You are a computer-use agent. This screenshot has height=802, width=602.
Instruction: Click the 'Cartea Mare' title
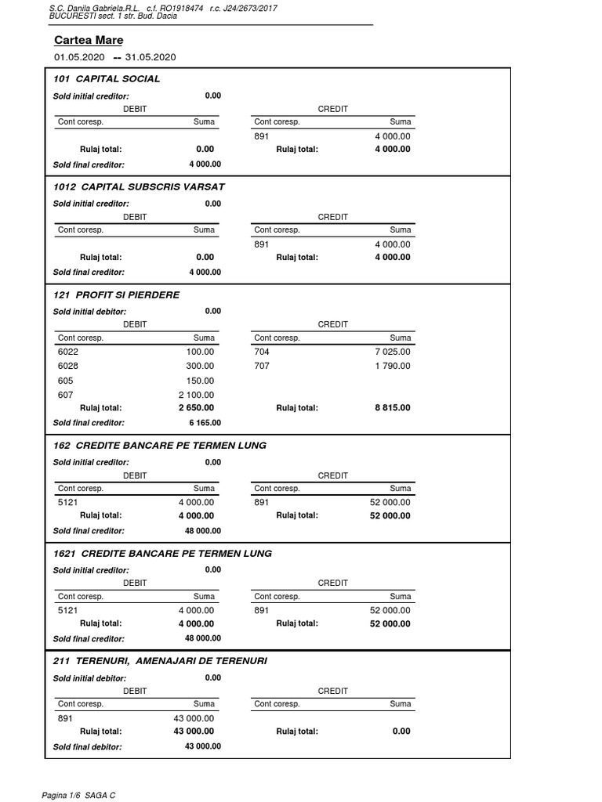(x=89, y=40)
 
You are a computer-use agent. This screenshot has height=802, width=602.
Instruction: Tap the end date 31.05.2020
(x=150, y=57)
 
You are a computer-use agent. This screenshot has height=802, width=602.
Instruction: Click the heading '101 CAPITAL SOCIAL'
(x=107, y=79)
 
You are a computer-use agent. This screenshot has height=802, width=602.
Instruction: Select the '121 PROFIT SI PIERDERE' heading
(x=116, y=295)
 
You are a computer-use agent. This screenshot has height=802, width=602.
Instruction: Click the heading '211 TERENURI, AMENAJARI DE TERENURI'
(x=160, y=661)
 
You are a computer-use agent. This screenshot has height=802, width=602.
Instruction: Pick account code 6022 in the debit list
(x=68, y=352)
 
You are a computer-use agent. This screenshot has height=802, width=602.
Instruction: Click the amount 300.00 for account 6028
(x=200, y=366)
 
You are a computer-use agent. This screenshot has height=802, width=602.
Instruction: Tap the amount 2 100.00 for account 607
(x=196, y=395)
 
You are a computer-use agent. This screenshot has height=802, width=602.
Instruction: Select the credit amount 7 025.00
(x=393, y=352)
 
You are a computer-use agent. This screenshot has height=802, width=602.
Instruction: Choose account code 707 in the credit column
(x=262, y=366)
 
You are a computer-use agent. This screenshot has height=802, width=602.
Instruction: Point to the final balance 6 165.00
(x=205, y=423)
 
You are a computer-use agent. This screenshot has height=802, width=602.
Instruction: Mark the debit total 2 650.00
(x=196, y=408)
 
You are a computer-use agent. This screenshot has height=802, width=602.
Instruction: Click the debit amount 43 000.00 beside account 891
(x=193, y=718)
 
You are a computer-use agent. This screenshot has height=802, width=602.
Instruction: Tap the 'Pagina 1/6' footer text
(x=64, y=796)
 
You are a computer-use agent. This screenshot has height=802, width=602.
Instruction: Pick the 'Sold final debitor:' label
(x=88, y=747)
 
